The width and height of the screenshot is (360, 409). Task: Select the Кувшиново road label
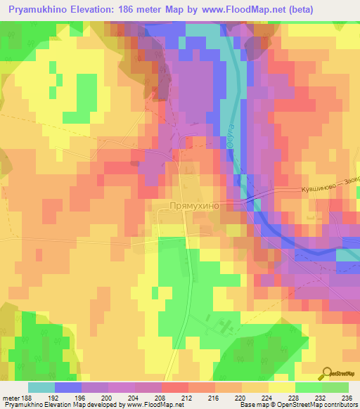[316, 186]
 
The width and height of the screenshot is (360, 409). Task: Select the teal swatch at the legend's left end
[41, 387]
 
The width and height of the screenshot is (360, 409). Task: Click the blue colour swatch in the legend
[67, 387]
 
